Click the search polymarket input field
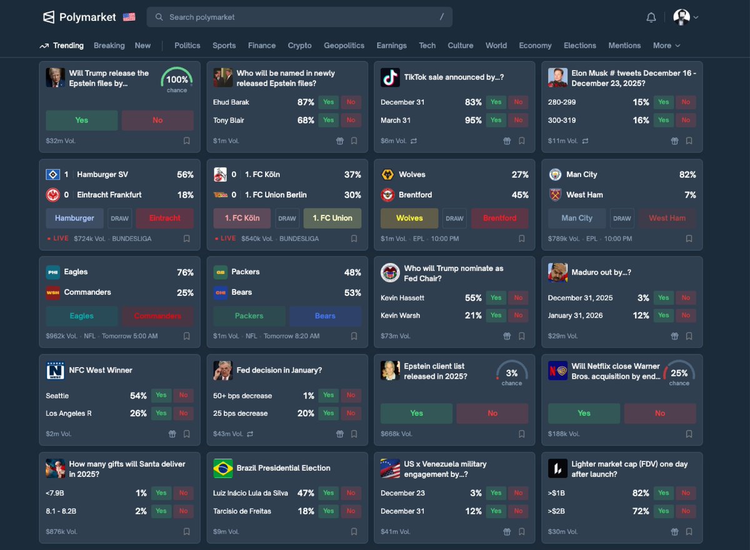click(x=300, y=17)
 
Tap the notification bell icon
click(x=651, y=17)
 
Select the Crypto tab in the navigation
click(x=299, y=46)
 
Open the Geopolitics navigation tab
click(x=344, y=46)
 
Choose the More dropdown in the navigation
click(x=666, y=46)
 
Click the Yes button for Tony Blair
click(x=328, y=120)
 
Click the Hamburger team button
click(x=74, y=219)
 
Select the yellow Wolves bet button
click(x=409, y=219)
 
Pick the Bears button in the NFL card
click(x=325, y=316)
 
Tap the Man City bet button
click(x=577, y=219)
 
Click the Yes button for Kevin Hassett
click(x=496, y=298)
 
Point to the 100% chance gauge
click(x=177, y=79)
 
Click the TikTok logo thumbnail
click(x=390, y=77)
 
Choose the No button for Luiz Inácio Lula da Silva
click(x=351, y=493)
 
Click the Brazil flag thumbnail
click(x=222, y=468)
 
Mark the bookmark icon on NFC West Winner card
click(x=186, y=434)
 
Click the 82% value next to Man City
click(x=687, y=175)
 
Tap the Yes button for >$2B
click(x=663, y=511)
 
